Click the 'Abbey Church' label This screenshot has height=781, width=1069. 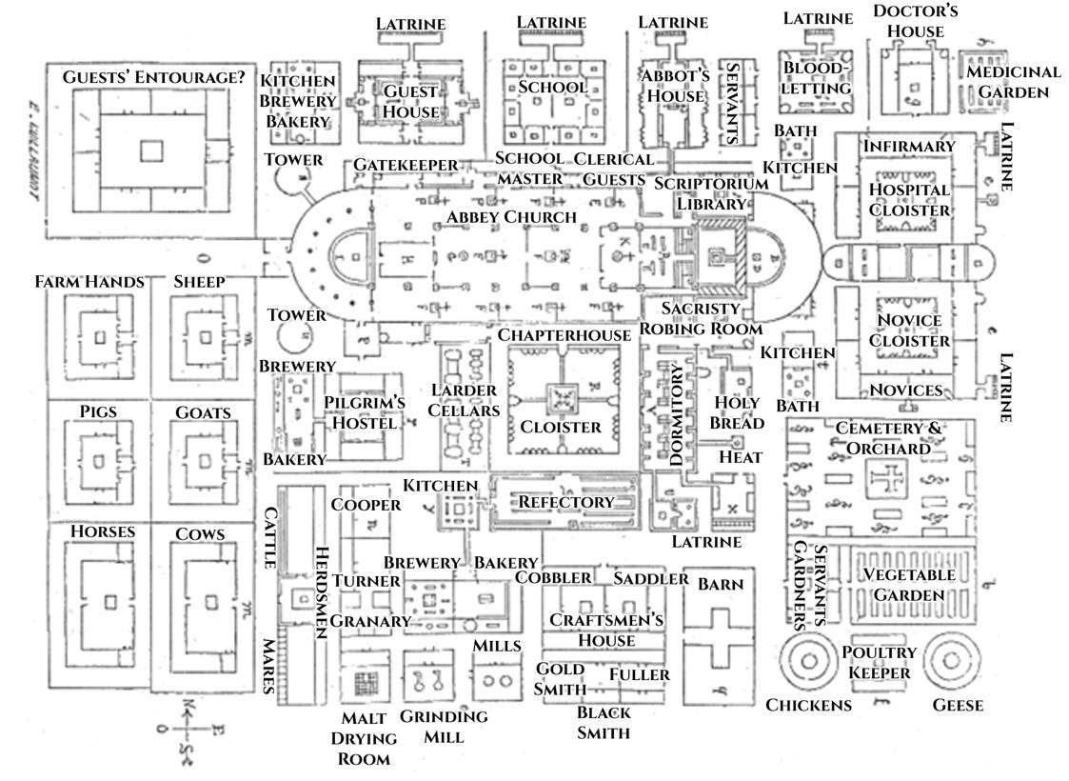point(511,217)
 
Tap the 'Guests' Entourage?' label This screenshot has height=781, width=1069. point(153,77)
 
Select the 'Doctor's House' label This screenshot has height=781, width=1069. point(916,21)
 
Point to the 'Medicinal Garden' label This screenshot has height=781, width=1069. point(1013,82)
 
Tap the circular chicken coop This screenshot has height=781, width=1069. point(809,661)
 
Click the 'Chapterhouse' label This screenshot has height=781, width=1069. point(564,335)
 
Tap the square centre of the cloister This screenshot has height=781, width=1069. point(563,398)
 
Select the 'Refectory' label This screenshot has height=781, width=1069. point(565,502)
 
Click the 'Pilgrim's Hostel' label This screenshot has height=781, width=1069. point(364,412)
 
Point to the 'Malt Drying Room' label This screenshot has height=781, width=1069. point(364,739)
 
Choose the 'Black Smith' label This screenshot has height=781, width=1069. point(604,722)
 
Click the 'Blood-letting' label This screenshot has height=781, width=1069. point(816,78)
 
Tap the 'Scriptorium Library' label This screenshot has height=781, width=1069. point(711,193)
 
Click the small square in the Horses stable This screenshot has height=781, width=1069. point(109,602)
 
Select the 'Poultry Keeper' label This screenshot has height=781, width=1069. point(879,662)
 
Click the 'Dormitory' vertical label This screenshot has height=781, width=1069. point(676,414)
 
